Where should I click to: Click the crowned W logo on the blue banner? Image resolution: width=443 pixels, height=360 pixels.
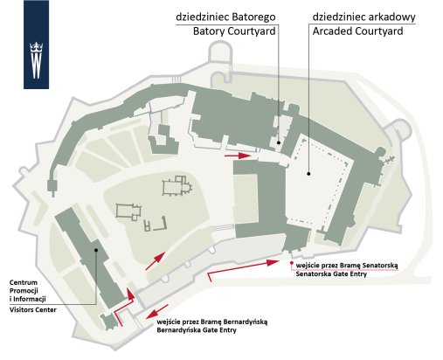(37, 60)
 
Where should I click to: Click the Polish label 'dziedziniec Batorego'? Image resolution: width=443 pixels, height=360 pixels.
(225, 17)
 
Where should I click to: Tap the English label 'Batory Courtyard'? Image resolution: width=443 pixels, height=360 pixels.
(234, 31)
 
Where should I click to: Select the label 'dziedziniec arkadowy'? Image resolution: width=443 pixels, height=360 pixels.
(363, 17)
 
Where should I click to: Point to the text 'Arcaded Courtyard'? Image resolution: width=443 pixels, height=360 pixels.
(357, 31)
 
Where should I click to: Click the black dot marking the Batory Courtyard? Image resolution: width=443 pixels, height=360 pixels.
(279, 142)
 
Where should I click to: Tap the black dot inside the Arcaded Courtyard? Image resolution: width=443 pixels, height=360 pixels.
(308, 174)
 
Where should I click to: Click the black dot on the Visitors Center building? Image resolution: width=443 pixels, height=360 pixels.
(96, 250)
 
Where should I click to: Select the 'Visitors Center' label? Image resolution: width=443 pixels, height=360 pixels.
(33, 309)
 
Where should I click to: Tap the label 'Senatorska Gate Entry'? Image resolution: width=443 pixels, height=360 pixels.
(331, 273)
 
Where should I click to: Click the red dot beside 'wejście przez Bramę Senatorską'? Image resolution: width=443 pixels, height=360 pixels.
(291, 263)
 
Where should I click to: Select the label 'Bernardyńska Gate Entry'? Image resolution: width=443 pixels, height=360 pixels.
(197, 330)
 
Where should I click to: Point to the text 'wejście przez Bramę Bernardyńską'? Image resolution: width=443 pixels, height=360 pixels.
(212, 322)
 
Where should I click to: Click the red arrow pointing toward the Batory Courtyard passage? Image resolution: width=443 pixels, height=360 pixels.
(238, 156)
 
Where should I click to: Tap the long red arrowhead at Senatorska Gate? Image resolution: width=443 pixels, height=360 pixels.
(273, 262)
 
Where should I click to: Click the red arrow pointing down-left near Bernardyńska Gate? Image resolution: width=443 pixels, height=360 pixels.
(157, 311)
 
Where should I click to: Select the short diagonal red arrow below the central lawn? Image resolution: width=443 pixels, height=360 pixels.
(156, 261)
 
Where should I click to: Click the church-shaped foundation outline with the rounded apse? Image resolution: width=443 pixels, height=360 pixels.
(177, 185)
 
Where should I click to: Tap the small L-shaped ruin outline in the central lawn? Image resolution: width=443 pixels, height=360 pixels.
(161, 224)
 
